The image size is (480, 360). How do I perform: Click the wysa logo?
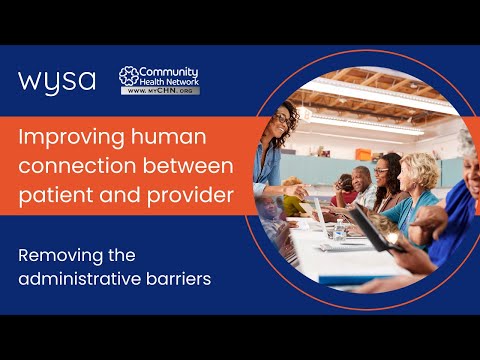pyautogui.click(x=57, y=82)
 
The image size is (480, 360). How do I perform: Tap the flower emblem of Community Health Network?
pyautogui.click(x=129, y=76)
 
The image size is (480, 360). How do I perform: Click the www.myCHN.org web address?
pyautogui.click(x=160, y=91)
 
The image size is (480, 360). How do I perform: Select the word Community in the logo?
pyautogui.click(x=169, y=72)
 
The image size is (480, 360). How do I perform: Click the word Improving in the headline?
pyautogui.click(x=72, y=138)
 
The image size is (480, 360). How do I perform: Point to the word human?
pyautogui.click(x=169, y=137)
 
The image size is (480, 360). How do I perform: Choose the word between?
pyautogui.click(x=188, y=165)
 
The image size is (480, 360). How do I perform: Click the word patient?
pyautogui.click(x=56, y=196)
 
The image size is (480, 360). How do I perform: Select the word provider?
pyautogui.click(x=190, y=195)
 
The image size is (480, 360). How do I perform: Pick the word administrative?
pyautogui.click(x=79, y=279)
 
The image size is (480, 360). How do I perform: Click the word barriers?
pyautogui.click(x=179, y=279)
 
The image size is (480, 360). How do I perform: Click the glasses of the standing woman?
pyautogui.click(x=283, y=120)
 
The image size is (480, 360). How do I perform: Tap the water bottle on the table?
pyautogui.click(x=339, y=230)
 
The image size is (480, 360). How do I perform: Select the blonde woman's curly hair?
pyautogui.click(x=421, y=170)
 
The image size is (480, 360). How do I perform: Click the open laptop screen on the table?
pyautogui.click(x=321, y=217)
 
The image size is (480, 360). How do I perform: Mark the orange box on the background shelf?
pyautogui.click(x=363, y=154)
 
